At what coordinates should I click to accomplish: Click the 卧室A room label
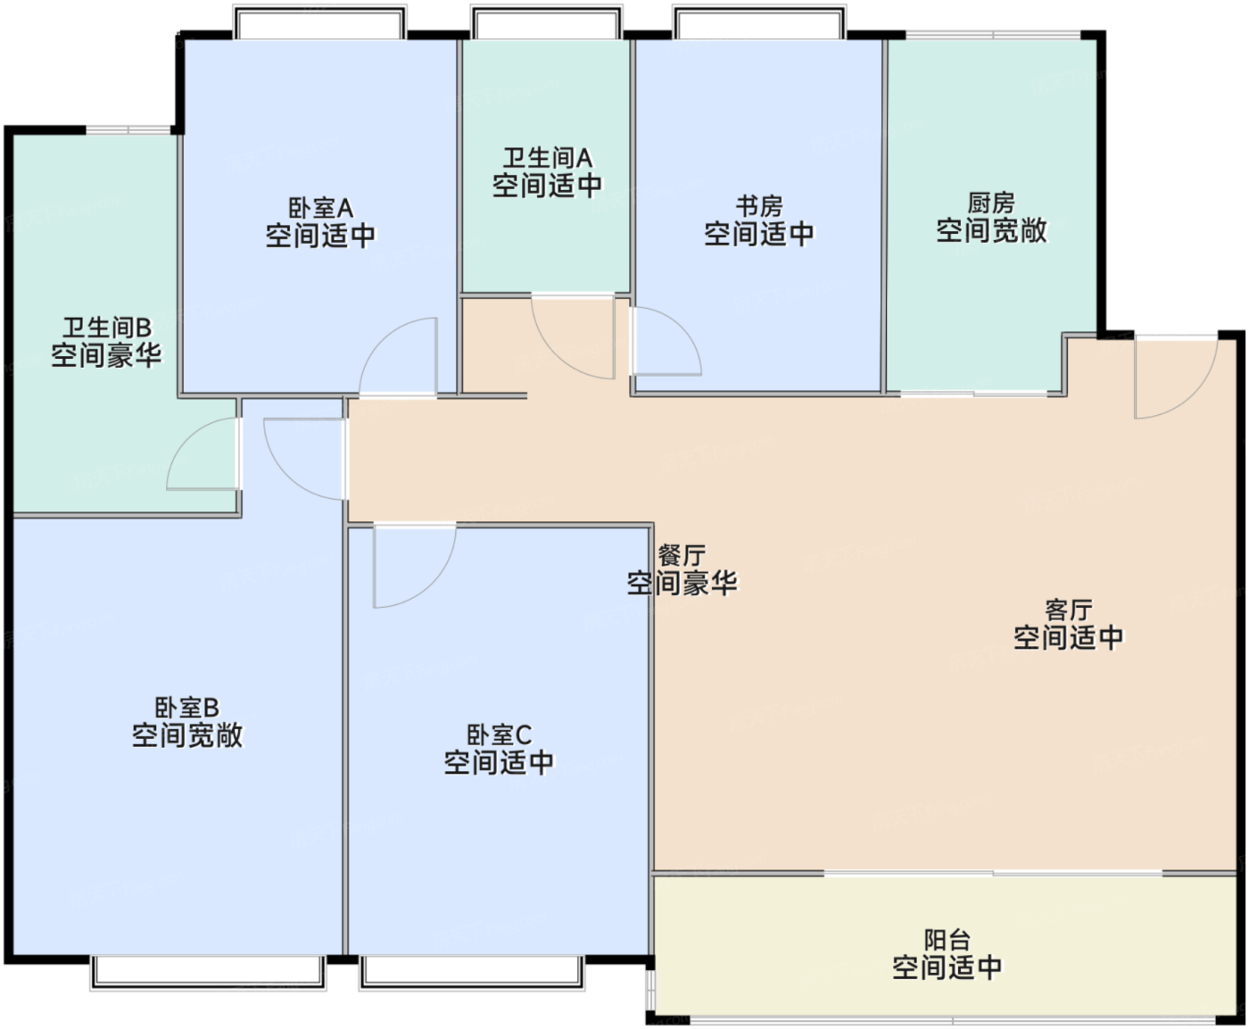[x=320, y=208]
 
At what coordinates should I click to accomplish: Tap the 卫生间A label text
[x=548, y=158]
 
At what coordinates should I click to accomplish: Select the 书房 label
[x=759, y=206]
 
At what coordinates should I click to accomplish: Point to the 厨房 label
[x=991, y=203]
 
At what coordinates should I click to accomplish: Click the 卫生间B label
[x=107, y=328]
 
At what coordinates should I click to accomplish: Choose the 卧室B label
[x=187, y=708]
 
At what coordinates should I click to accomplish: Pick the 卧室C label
[x=499, y=734]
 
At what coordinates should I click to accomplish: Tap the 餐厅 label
[x=682, y=555]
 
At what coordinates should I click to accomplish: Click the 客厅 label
[x=1069, y=610]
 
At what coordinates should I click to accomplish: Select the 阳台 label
[x=947, y=940]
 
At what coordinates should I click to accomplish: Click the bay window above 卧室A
[x=320, y=22]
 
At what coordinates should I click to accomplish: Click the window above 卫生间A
[x=547, y=22]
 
